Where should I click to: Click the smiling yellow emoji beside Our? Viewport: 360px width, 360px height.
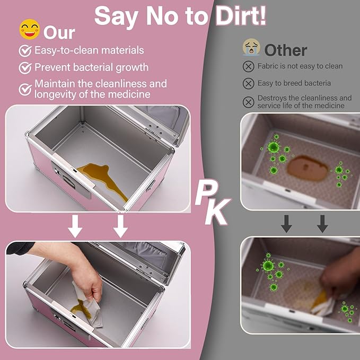(29, 29)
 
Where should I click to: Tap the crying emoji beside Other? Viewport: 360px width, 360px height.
(251, 47)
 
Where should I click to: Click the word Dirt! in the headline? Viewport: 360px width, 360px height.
(241, 16)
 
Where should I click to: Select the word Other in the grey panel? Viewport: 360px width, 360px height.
(286, 50)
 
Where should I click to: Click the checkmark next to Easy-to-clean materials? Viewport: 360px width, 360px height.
(25, 51)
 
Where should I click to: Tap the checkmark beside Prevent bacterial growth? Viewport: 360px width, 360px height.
(25, 68)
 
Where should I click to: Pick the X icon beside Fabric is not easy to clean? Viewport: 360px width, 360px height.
(249, 67)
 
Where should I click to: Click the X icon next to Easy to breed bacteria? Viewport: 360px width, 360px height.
(249, 83)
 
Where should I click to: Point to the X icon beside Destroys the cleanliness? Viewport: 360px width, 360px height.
(249, 102)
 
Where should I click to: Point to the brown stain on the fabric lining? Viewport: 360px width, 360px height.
(308, 168)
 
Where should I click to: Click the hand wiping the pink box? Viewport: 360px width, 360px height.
(76, 271)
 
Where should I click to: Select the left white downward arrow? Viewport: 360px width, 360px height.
(75, 226)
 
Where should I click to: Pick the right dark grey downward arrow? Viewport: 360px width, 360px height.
(322, 224)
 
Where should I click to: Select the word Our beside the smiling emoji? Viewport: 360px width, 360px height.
(59, 33)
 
